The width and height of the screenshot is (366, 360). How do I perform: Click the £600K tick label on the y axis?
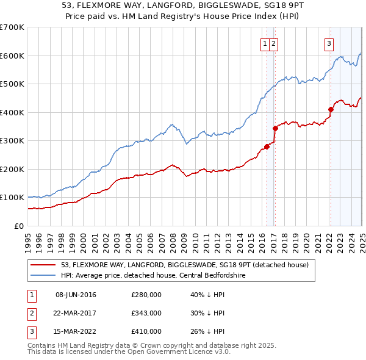point(12,56)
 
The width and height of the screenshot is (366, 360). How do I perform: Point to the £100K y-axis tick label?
point(12,198)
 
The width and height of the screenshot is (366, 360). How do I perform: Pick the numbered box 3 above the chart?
point(329,43)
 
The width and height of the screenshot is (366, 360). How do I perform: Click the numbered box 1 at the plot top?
point(266,43)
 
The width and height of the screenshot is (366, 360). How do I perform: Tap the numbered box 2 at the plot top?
point(274,43)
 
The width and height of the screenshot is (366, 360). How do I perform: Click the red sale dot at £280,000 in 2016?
point(267,146)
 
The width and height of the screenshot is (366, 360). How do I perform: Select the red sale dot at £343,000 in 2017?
point(275,129)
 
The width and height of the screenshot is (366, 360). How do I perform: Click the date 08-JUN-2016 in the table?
point(76,295)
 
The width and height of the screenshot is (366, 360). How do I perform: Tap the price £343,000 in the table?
point(146,313)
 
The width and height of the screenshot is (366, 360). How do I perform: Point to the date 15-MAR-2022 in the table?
point(76,331)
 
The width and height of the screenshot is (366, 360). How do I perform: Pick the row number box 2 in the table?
point(30,313)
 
